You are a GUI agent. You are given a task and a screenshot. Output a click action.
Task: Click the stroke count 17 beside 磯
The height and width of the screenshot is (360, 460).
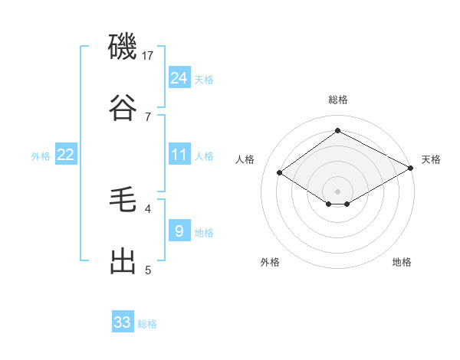pyautogui.click(x=148, y=55)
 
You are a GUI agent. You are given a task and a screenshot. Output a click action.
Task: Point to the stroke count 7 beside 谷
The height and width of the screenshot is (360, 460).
pyautogui.click(x=148, y=116)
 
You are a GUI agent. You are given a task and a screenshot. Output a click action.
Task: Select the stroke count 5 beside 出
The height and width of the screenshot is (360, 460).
pyautogui.click(x=148, y=270)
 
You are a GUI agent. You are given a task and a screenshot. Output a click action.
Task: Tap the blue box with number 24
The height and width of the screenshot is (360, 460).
pyautogui.click(x=179, y=78)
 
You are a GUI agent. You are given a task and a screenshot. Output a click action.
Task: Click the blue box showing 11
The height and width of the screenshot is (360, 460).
pyautogui.click(x=179, y=155)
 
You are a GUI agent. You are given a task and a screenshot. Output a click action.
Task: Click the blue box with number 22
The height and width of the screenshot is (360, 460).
pyautogui.click(x=65, y=155)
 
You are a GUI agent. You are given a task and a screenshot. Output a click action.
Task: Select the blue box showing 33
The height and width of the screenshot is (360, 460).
pyautogui.click(x=123, y=322)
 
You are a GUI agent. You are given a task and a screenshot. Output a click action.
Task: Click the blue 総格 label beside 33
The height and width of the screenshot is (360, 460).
pyautogui.click(x=147, y=324)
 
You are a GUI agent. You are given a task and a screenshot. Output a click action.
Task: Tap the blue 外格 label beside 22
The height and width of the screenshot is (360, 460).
pyautogui.click(x=41, y=156)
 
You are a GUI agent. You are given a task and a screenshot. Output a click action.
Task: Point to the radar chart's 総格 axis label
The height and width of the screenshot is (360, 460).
pyautogui.click(x=337, y=100)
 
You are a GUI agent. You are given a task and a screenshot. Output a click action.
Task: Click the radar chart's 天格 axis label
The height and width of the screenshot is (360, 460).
pyautogui.click(x=431, y=159)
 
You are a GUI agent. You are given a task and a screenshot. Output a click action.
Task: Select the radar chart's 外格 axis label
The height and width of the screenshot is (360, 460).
pyautogui.click(x=270, y=262)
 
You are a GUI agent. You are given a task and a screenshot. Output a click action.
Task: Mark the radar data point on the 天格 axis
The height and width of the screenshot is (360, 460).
pyautogui.click(x=411, y=169)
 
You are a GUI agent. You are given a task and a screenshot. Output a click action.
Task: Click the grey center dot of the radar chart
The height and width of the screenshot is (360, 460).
pyautogui.click(x=337, y=190)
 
